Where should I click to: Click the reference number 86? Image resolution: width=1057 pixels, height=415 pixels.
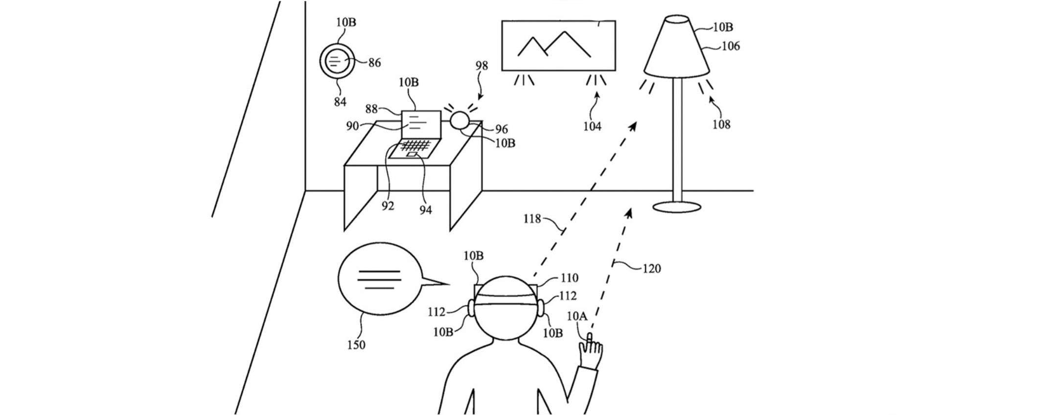374,63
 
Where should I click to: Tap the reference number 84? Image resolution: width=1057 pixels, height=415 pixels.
340,101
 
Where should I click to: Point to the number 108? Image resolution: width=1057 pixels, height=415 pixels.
721,125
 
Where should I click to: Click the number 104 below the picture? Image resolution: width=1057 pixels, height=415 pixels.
592,127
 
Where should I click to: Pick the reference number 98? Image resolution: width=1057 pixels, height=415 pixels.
482,66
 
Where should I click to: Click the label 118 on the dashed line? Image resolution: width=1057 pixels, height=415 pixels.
532,219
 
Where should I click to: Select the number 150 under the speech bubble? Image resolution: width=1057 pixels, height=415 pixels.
356,345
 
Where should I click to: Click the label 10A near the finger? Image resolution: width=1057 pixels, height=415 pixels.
576,316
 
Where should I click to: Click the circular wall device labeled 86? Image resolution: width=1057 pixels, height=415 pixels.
336,62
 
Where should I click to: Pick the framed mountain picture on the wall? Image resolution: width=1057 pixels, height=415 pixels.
558,46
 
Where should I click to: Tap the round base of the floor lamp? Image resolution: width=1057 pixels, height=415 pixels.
678,207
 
